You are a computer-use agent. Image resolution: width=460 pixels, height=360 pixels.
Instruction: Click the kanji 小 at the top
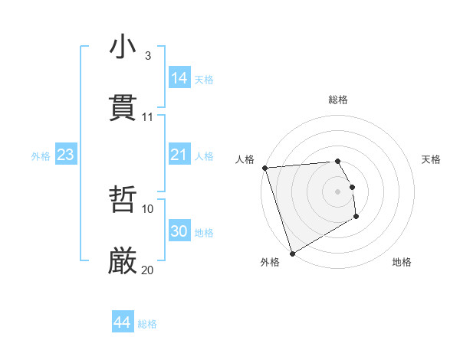[x=123, y=47]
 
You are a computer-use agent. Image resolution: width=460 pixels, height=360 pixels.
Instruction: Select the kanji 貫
[x=123, y=108]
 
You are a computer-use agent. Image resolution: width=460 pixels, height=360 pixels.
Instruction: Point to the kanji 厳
[x=123, y=261]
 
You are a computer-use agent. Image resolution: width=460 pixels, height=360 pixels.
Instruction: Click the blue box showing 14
[x=179, y=77]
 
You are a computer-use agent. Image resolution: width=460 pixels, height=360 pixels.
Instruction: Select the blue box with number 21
[x=179, y=155]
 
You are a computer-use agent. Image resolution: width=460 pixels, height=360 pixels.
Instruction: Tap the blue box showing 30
[x=179, y=231]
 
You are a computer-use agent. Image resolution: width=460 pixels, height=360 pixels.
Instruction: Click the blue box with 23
[x=66, y=155]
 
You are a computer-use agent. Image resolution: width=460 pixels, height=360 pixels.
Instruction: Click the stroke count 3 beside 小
[x=147, y=56]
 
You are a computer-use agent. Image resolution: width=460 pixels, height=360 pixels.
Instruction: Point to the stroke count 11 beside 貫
[x=147, y=117]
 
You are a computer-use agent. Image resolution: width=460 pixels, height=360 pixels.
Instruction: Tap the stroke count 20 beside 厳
[x=147, y=270]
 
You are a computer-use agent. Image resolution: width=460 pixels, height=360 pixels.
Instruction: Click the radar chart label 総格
[x=338, y=100]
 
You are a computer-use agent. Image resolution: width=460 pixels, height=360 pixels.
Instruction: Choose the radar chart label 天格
[x=431, y=159]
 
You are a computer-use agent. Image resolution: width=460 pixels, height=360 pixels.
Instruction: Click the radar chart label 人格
[x=245, y=159]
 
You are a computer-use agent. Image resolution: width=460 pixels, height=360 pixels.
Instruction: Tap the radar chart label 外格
[x=269, y=262]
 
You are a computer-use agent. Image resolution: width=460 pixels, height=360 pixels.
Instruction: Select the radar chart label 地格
[x=402, y=262]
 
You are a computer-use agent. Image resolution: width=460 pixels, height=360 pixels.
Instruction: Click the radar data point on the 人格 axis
[x=264, y=168]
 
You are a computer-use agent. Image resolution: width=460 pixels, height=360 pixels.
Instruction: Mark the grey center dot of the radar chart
[x=338, y=191]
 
